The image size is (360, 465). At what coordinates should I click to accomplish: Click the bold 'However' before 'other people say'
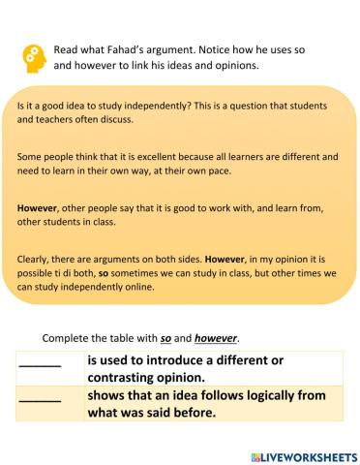tap(38, 207)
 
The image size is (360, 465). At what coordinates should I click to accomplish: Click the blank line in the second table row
tap(40, 398)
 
